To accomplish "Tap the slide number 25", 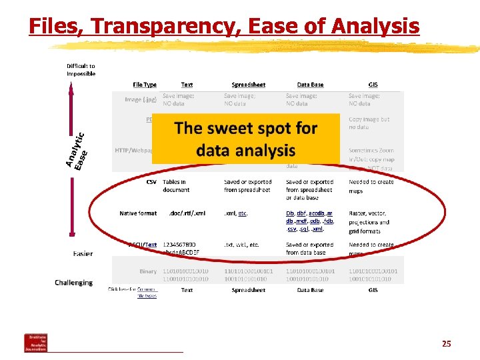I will pos(446,344).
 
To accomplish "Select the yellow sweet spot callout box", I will pos(245,139).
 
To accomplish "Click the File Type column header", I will pos(145,85).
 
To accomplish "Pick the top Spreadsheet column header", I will pos(248,85).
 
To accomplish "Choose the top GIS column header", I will pos(373,85).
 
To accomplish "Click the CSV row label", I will pos(151,181).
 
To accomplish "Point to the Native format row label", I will pos(138,213).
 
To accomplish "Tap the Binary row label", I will pos(147,272).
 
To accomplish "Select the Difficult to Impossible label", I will pos(81,70).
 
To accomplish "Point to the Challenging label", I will pos(73,283).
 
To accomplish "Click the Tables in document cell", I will pos(176,185).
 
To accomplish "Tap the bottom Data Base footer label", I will pos(310,291).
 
